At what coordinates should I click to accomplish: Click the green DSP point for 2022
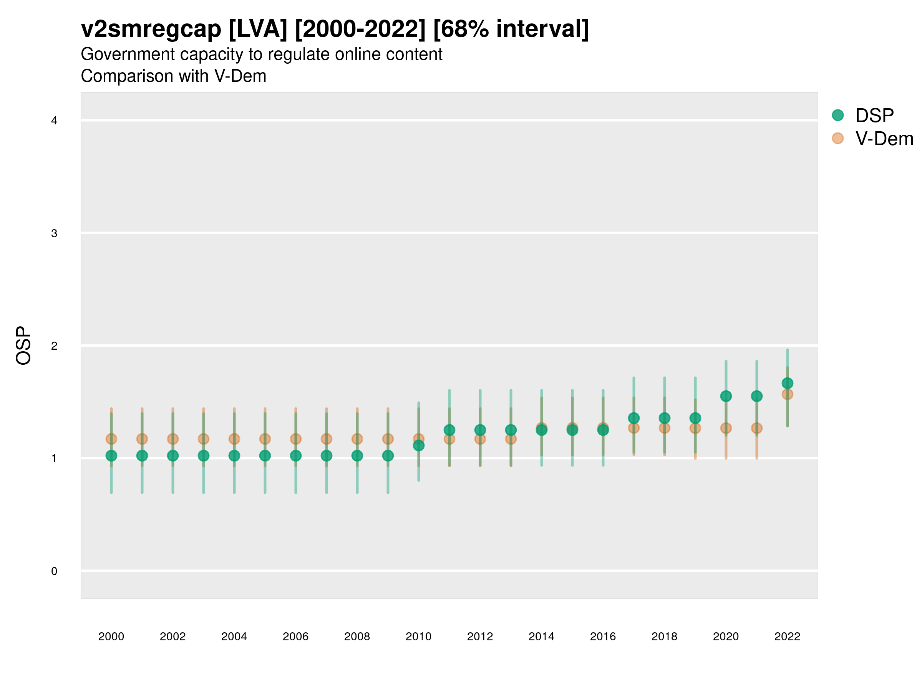click(788, 383)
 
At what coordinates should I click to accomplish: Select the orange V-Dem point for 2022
click(788, 394)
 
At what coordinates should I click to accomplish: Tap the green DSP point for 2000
click(111, 456)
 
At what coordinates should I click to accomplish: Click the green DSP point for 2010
click(418, 446)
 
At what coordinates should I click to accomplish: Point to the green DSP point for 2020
click(726, 396)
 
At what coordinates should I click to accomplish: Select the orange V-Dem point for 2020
click(726, 428)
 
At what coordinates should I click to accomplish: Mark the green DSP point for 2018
click(664, 418)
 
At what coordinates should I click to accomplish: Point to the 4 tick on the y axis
click(54, 121)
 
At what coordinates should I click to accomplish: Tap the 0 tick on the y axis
click(54, 571)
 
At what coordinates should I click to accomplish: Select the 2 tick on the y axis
click(54, 346)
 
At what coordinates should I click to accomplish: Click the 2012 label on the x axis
click(480, 636)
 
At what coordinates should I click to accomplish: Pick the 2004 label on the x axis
click(234, 636)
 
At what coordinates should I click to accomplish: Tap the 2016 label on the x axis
click(603, 636)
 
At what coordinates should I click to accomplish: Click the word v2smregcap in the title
click(151, 29)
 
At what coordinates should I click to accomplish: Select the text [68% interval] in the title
click(511, 29)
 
